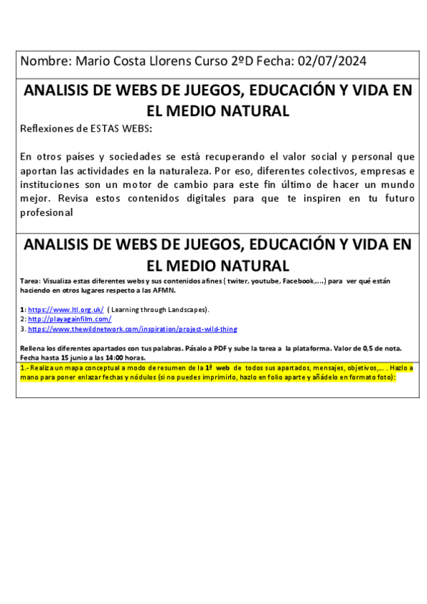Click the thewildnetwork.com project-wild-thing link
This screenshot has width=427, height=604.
tap(133, 329)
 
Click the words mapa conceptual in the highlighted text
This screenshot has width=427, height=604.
tap(73, 368)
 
